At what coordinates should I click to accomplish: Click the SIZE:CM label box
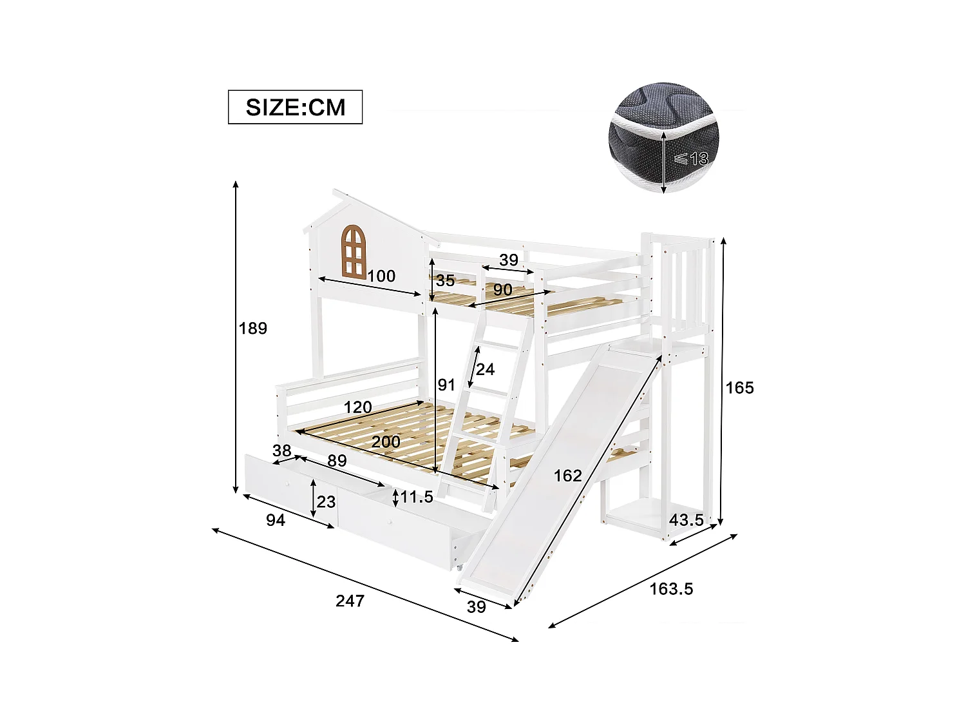click(295, 107)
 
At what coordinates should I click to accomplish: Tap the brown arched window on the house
click(353, 251)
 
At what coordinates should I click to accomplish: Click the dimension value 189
click(252, 329)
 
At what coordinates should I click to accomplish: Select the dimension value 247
click(350, 601)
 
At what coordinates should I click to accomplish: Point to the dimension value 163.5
click(671, 589)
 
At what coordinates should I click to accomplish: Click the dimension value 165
click(739, 388)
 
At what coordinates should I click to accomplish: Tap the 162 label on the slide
click(567, 476)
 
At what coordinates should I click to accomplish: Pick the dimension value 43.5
click(686, 520)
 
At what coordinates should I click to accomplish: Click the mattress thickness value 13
click(699, 159)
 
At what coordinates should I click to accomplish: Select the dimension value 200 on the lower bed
click(386, 442)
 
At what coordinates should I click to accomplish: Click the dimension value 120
click(357, 407)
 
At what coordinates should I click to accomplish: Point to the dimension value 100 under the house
click(381, 276)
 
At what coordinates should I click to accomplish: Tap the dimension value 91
click(446, 385)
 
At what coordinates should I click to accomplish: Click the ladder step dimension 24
click(485, 369)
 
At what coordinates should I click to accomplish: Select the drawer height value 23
click(327, 502)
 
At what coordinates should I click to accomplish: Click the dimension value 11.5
click(417, 498)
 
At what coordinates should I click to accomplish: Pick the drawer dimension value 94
click(275, 520)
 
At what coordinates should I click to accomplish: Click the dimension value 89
click(337, 461)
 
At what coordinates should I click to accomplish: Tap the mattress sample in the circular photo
click(660, 139)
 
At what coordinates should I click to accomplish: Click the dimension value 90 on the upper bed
click(502, 290)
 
